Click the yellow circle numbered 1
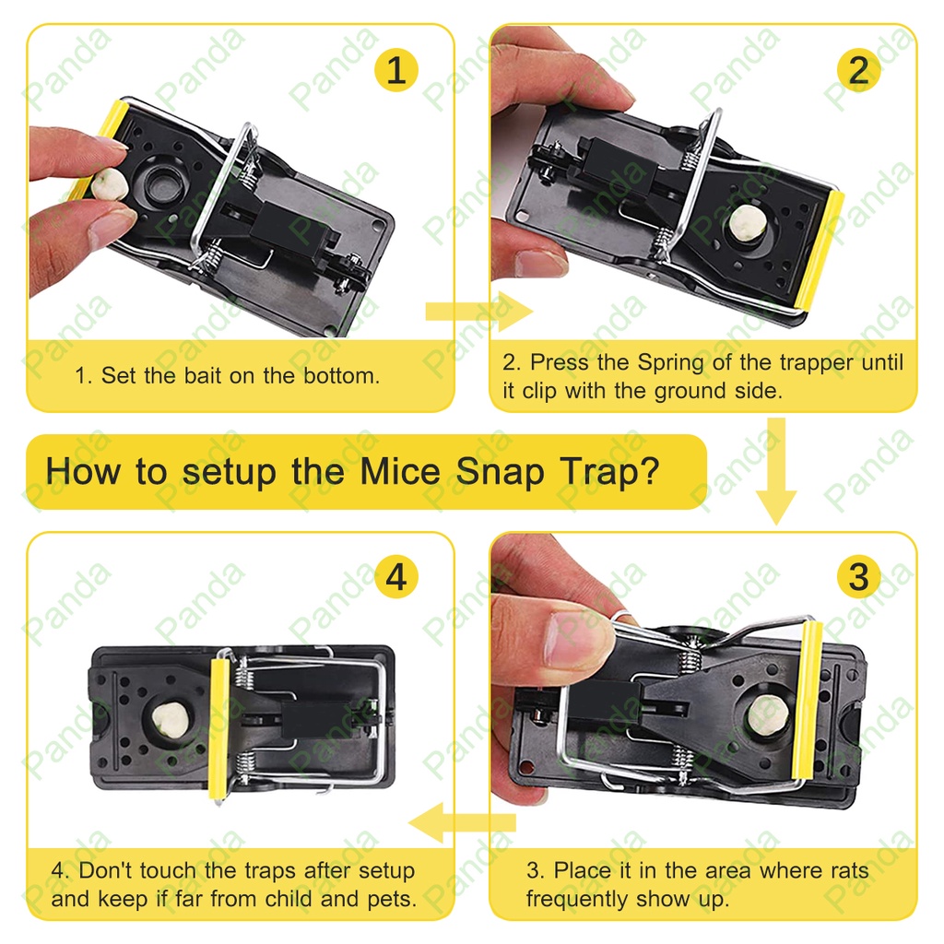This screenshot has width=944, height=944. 396,70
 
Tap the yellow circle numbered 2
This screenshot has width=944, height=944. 858,70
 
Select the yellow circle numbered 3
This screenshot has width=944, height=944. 858,576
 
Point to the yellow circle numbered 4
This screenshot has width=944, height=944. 396,576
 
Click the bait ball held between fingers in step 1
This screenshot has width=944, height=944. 111,184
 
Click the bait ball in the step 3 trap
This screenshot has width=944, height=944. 768,715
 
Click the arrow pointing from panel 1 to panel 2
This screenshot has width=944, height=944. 478,312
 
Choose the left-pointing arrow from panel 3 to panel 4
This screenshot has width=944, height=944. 463,822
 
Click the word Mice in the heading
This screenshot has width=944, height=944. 400,471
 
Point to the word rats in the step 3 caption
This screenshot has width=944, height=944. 849,870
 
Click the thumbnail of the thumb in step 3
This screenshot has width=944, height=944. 577,638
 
